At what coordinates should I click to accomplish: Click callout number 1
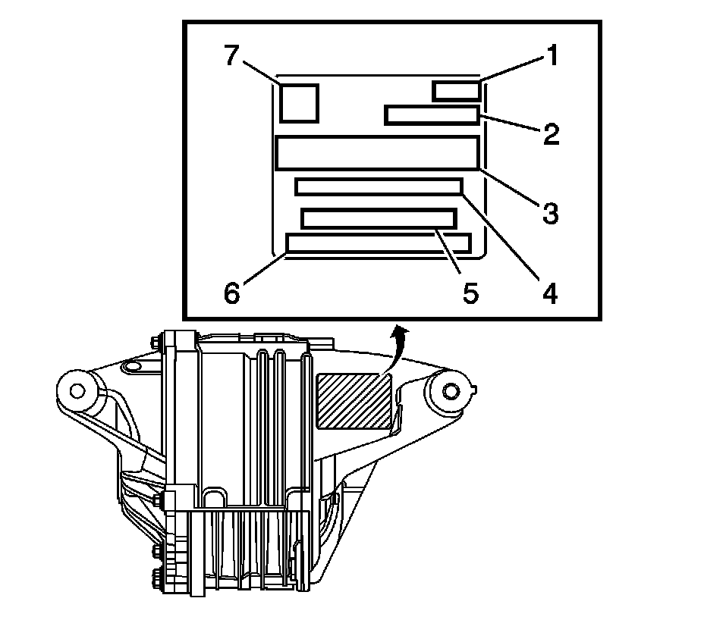(553, 55)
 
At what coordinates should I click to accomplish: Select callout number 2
(551, 134)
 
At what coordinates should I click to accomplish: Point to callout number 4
(549, 292)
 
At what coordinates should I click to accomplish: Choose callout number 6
(232, 293)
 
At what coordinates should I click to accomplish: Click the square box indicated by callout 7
(299, 103)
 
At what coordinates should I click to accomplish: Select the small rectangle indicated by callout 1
(456, 90)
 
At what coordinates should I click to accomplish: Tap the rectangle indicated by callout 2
(432, 115)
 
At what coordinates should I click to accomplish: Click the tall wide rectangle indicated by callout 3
(377, 152)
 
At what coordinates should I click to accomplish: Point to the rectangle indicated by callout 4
(379, 186)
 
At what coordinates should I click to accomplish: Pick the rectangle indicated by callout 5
(379, 218)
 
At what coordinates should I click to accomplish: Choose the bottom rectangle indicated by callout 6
(379, 243)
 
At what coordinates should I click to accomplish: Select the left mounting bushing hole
(76, 390)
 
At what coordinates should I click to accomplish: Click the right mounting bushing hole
(450, 390)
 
